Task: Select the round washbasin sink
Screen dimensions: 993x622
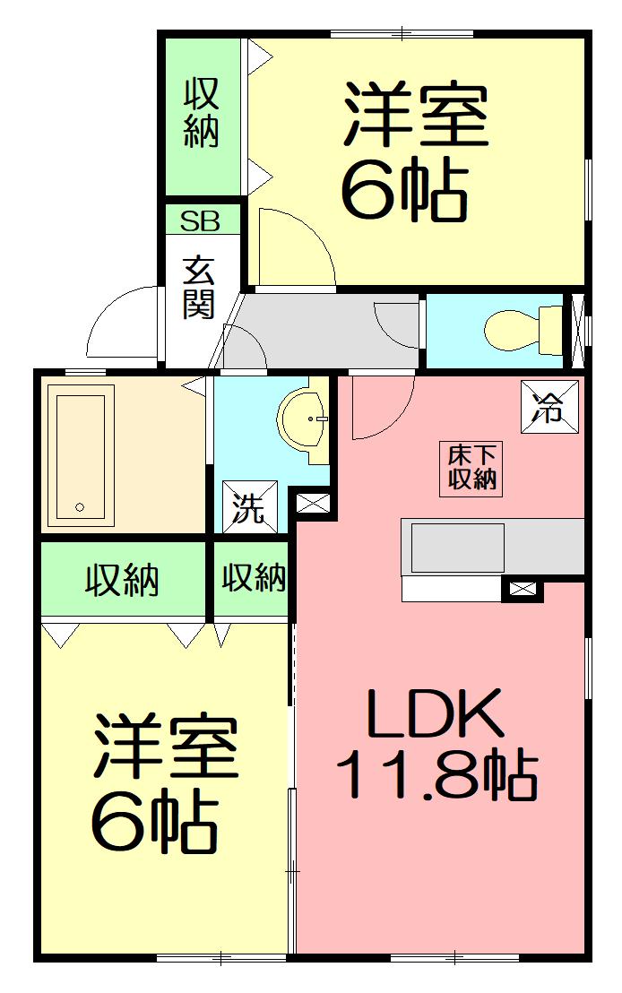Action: [306, 419]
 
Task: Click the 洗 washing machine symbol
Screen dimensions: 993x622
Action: [249, 508]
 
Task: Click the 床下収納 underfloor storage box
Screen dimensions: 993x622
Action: [471, 467]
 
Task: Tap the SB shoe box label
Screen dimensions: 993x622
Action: [201, 220]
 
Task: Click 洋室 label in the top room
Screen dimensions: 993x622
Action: [415, 117]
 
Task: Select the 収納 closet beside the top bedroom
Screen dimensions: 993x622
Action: [202, 113]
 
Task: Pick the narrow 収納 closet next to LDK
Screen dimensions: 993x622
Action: [254, 578]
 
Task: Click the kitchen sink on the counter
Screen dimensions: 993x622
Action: [457, 547]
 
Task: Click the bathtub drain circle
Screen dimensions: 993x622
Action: [80, 507]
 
